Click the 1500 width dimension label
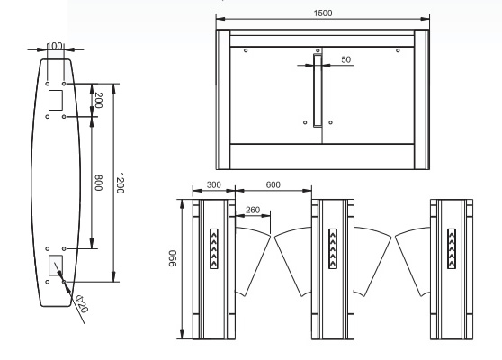point(323,13)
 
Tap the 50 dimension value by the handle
point(346,59)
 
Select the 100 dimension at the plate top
point(55,46)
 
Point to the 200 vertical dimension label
point(99,100)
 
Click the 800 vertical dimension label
point(99,183)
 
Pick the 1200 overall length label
point(120,184)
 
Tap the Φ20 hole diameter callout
point(82,304)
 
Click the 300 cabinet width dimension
point(213,184)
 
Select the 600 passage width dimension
point(273,184)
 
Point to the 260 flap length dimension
point(253,210)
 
